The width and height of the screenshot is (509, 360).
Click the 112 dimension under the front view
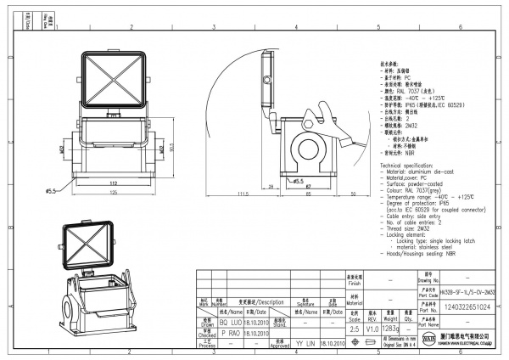click(111, 182)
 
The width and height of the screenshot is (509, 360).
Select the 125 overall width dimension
click(111, 193)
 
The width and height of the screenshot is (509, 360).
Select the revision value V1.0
click(373, 326)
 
